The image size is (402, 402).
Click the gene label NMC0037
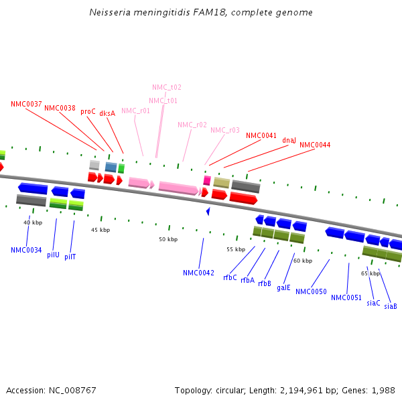pyautogui.click(x=26, y=104)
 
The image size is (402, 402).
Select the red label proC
pyautogui.click(x=88, y=112)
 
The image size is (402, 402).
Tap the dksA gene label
pyautogui.click(x=107, y=114)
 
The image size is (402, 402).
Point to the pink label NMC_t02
pyautogui.click(x=166, y=88)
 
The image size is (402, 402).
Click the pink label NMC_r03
pyautogui.click(x=224, y=131)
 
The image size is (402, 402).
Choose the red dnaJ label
pyautogui.click(x=289, y=141)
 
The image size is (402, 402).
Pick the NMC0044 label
pyautogui.click(x=314, y=145)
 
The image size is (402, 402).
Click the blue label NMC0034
pyautogui.click(x=26, y=251)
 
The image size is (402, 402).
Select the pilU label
pyautogui.click(x=53, y=255)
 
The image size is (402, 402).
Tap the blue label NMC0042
pyautogui.click(x=198, y=273)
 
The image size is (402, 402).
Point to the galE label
pyautogui.click(x=283, y=287)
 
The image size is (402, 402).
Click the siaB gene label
pyautogui.click(x=390, y=306)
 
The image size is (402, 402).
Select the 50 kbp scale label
pyautogui.click(x=168, y=239)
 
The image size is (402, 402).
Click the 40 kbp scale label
pyautogui.click(x=33, y=222)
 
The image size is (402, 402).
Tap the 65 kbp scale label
pyautogui.click(x=370, y=273)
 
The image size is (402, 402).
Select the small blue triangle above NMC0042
pyautogui.click(x=208, y=211)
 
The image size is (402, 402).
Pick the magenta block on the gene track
pyautogui.click(x=207, y=181)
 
